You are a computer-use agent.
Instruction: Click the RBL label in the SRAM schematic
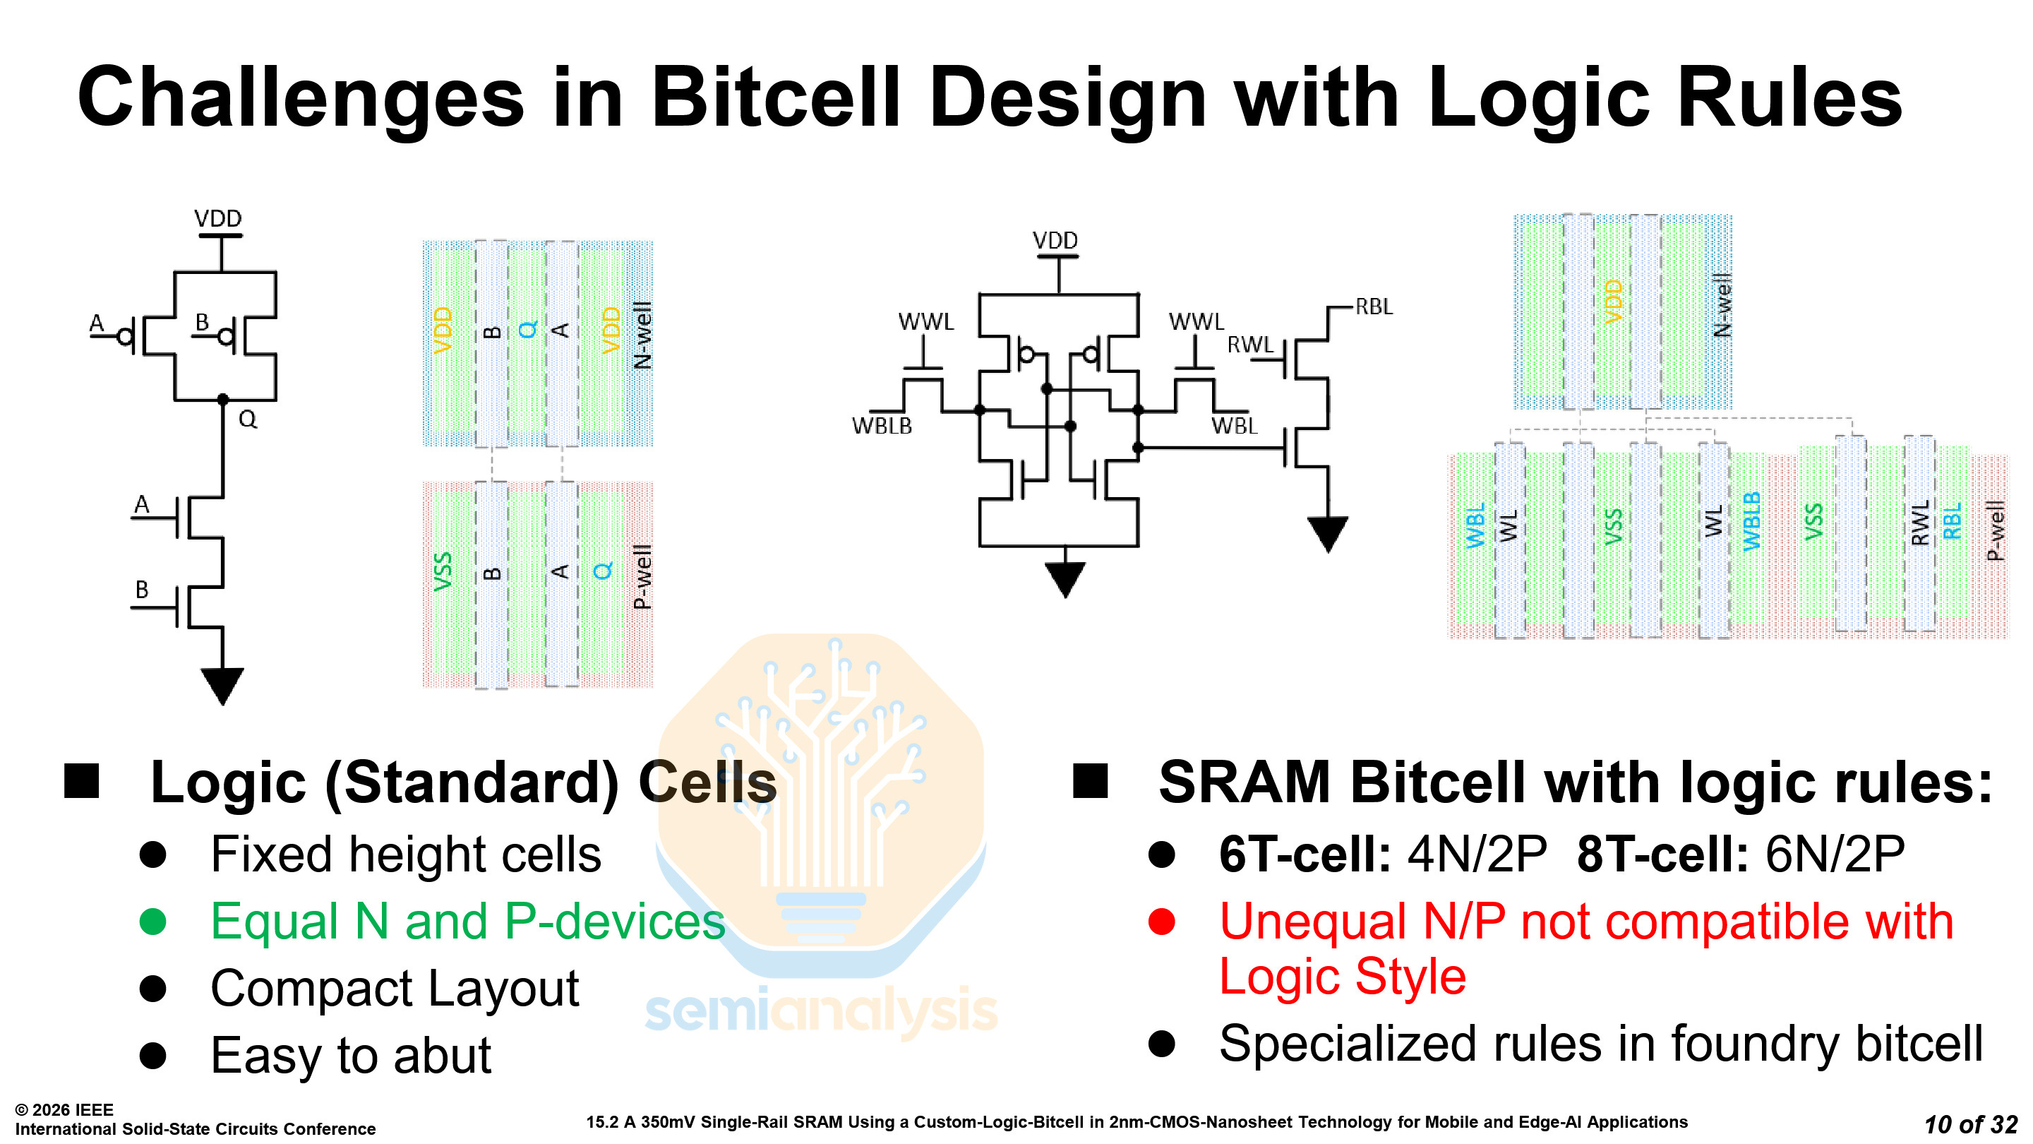(1373, 306)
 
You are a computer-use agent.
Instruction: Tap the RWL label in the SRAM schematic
(1250, 345)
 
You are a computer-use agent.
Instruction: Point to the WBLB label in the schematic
(882, 427)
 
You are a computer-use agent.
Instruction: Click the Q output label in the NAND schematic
(248, 419)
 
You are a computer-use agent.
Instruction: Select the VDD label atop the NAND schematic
(218, 218)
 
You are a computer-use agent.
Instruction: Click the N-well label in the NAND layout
(642, 335)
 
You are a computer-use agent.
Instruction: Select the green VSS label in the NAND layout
(443, 571)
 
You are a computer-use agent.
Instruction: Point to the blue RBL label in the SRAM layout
(1953, 520)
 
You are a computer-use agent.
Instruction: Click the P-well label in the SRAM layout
(1995, 530)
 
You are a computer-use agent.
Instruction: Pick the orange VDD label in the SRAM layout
(1613, 302)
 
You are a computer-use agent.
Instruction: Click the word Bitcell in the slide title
(775, 98)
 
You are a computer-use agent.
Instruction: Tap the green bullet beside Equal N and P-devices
(152, 922)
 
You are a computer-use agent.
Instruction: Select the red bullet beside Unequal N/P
(1161, 922)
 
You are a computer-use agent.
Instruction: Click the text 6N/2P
(1834, 854)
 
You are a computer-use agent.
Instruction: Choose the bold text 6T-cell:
(1304, 854)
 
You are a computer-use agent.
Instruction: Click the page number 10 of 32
(1970, 1124)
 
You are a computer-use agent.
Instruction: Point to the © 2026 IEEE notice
(65, 1110)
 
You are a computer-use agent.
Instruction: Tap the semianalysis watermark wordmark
(821, 1011)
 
